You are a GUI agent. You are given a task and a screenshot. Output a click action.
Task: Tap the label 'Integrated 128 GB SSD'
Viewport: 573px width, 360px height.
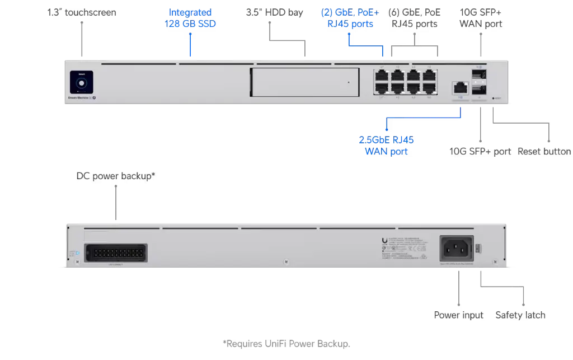pyautogui.click(x=190, y=18)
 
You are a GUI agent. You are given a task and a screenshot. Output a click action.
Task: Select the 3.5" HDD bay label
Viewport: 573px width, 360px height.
pyautogui.click(x=275, y=12)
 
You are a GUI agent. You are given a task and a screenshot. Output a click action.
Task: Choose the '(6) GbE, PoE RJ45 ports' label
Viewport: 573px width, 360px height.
pyautogui.click(x=415, y=18)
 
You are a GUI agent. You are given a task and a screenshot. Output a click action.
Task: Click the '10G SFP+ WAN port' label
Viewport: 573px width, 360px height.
pyautogui.click(x=481, y=18)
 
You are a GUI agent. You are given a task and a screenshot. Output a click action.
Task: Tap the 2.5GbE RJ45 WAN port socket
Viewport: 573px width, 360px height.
pyautogui.click(x=460, y=87)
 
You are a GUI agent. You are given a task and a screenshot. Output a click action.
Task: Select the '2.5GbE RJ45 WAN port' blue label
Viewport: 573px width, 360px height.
pyautogui.click(x=386, y=146)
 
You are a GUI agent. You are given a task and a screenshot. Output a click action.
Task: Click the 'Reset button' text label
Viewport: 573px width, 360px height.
pyautogui.click(x=544, y=152)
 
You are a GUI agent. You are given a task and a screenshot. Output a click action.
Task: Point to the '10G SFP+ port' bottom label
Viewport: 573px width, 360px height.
pyautogui.click(x=480, y=152)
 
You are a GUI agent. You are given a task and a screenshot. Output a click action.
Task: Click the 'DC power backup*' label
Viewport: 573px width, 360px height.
pyautogui.click(x=116, y=176)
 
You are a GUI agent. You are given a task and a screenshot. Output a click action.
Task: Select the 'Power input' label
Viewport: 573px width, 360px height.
pyautogui.click(x=459, y=315)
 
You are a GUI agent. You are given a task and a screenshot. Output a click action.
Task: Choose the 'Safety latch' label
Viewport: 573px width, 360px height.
pyautogui.click(x=520, y=315)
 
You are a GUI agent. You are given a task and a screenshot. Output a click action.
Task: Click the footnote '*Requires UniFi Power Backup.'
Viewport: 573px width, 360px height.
pyautogui.click(x=286, y=343)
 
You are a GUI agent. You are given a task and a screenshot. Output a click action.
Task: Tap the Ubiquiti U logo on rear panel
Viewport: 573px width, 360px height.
pyautogui.click(x=384, y=241)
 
